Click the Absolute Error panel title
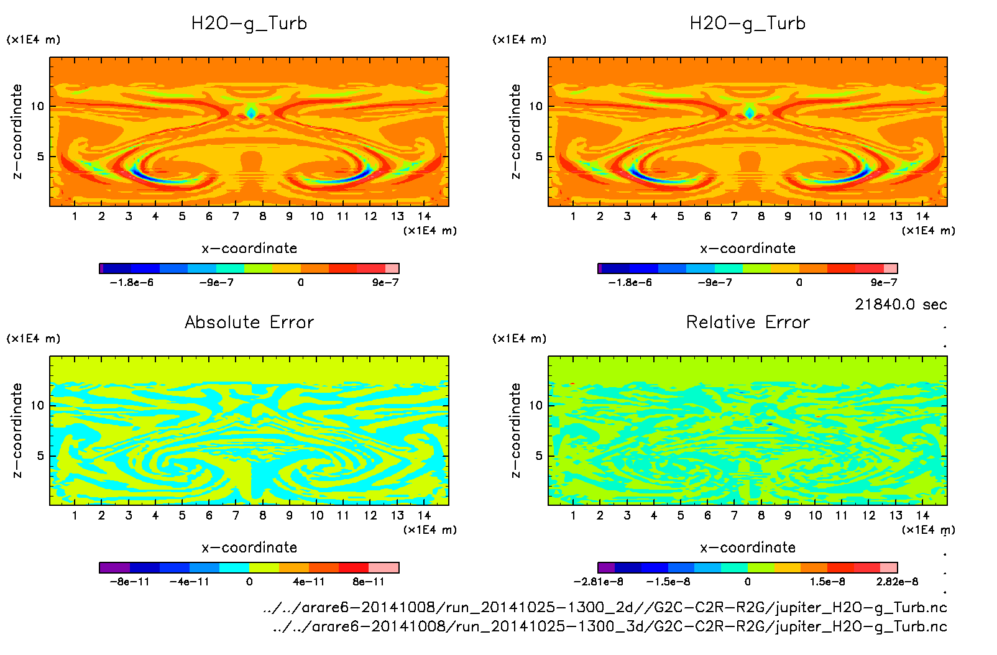(249, 322)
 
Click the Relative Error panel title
(748, 322)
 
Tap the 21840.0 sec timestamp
(901, 305)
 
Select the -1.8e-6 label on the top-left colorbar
(131, 283)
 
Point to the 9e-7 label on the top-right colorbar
(883, 283)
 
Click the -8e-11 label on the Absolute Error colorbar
(129, 582)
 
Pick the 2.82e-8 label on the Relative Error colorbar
(897, 582)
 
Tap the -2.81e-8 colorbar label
(598, 582)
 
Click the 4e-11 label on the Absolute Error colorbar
(309, 582)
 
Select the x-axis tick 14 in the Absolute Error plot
(424, 515)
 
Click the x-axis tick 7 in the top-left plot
(236, 216)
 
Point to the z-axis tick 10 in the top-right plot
(536, 106)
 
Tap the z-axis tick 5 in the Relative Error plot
(539, 456)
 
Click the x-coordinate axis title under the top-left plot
(249, 249)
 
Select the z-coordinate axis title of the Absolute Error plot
(17, 430)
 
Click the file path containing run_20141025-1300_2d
(605, 607)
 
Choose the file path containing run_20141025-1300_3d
(610, 626)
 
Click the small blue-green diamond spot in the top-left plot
(251, 113)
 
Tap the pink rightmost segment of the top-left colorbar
(392, 268)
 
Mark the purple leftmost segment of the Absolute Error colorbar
(114, 567)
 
